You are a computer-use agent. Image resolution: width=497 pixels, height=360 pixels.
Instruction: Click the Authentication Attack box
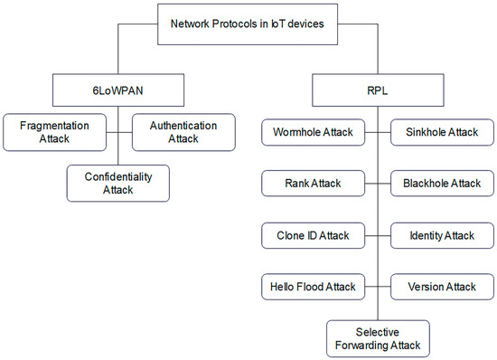[x=183, y=131]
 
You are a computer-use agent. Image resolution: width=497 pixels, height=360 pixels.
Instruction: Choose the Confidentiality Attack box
[x=119, y=182]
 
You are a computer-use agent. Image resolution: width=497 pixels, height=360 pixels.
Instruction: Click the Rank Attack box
[x=313, y=185]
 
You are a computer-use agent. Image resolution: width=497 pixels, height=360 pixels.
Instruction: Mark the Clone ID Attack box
[x=313, y=235]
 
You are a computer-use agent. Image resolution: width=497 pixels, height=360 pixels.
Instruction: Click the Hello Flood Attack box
[x=313, y=287]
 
